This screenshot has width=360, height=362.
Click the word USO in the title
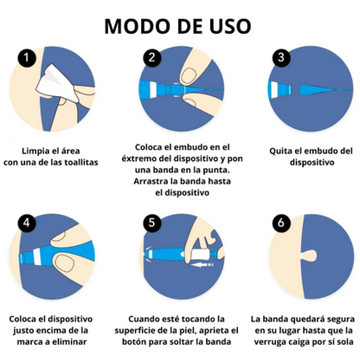(x=230, y=26)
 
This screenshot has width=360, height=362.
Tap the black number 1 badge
(x=27, y=58)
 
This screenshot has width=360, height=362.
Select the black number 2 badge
(x=152, y=58)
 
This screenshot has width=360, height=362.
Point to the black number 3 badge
(x=281, y=57)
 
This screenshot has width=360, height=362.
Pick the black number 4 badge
(x=27, y=223)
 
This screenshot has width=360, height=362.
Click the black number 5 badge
(x=152, y=223)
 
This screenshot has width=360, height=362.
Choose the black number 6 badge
(x=281, y=223)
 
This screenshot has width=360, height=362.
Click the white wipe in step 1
(x=57, y=83)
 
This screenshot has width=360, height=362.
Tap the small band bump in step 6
(x=309, y=255)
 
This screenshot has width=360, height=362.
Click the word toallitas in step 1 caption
(x=81, y=162)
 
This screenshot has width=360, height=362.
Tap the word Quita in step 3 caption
(x=280, y=151)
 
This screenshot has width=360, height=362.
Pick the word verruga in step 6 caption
(x=268, y=342)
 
